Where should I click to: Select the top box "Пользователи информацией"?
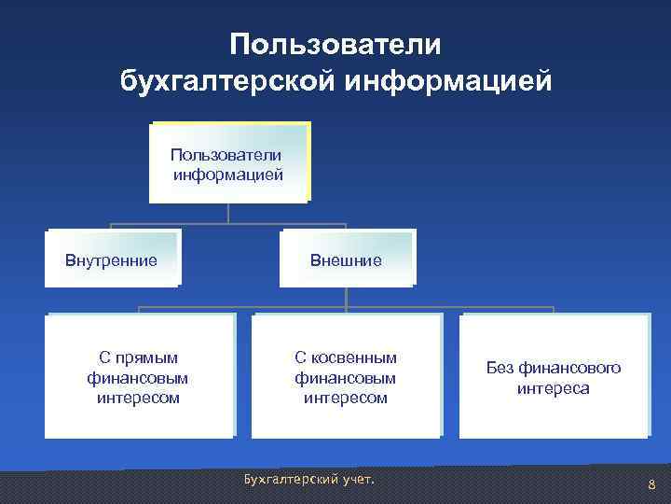[227, 162]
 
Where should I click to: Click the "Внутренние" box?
[111, 258]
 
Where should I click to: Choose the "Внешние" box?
[346, 259]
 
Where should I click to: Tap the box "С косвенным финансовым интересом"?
[346, 376]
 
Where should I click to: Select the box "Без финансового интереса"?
[553, 376]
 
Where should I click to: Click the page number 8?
[651, 483]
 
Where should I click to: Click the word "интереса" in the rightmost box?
[554, 388]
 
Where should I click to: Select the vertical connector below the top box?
[227, 214]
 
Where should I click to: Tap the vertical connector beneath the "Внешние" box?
[346, 297]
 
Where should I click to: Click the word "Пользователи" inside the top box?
[227, 153]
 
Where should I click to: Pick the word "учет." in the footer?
[355, 479]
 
